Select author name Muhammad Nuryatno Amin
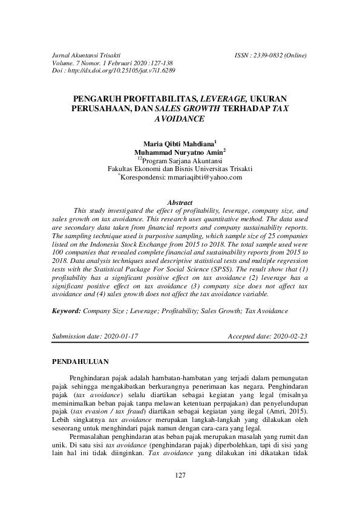click(178, 153)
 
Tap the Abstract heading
click(180, 203)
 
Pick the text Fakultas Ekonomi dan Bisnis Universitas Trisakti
click(180, 169)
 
